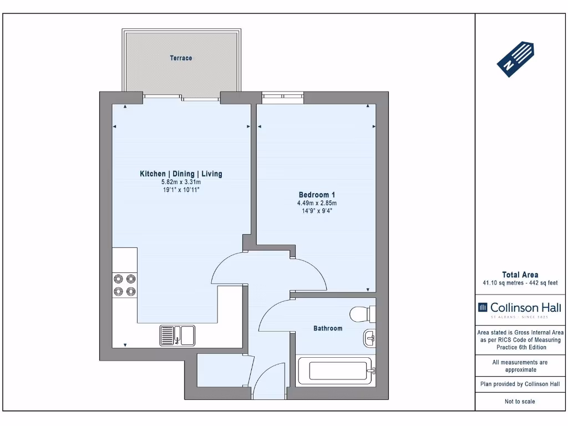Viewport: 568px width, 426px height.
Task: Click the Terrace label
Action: point(181,58)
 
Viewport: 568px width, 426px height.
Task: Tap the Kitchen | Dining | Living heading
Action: point(181,174)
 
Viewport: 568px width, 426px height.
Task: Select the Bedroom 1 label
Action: point(317,195)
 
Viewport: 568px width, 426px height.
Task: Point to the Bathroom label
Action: point(328,328)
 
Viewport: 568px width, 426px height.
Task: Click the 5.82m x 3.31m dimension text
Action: point(181,182)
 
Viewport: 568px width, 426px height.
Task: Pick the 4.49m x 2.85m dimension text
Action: point(317,203)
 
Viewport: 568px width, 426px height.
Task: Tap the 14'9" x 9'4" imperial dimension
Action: point(317,211)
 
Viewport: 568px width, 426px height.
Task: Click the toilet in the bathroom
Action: point(363,314)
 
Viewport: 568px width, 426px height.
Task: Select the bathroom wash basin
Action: point(369,338)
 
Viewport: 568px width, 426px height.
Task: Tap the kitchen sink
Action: point(177,336)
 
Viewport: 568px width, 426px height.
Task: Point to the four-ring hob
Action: point(125,286)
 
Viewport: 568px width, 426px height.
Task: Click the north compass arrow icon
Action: point(515,59)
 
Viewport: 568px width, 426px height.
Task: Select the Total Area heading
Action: point(520,275)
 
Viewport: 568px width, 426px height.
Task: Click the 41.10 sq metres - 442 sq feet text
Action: point(520,283)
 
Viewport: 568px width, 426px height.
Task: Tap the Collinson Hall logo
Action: point(520,310)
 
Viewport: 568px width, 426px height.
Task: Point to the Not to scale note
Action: point(520,402)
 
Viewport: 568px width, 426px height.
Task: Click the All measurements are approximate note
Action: point(520,366)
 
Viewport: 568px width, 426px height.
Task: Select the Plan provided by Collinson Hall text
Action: point(520,384)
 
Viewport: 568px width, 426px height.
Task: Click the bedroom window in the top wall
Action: point(282,98)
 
